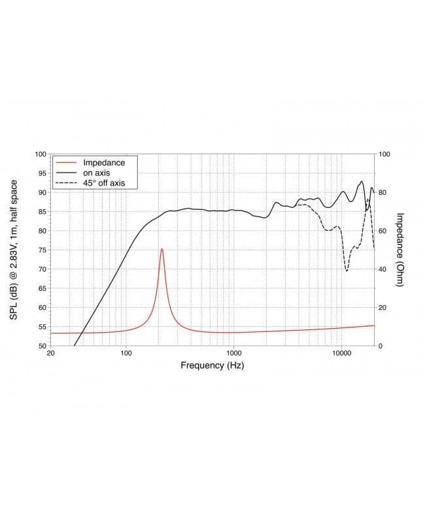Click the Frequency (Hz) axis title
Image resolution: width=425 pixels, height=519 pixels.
pos(212,366)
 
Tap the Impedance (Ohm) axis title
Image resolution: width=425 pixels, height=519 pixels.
pos(401,250)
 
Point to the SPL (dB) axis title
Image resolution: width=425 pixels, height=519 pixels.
pos(14,250)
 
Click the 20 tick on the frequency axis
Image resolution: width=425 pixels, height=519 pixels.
pos(51,353)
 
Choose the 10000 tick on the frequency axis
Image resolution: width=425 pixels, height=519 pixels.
pos(341,353)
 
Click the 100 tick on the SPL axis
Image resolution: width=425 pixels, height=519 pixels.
pos(40,154)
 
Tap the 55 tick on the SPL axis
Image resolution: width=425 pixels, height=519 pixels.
pos(41,326)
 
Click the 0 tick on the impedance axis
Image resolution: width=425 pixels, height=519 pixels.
pos(382,346)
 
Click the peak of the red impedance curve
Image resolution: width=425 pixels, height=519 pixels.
pos(161,249)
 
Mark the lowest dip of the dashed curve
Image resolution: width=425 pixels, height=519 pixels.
pos(347,271)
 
